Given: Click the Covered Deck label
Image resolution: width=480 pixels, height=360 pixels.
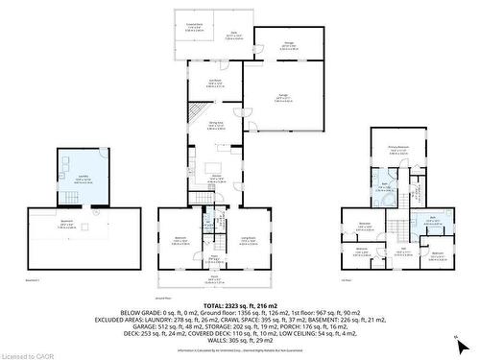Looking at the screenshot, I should (194, 28).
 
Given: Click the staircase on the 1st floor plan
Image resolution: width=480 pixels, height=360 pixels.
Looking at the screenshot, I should (396, 227).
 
